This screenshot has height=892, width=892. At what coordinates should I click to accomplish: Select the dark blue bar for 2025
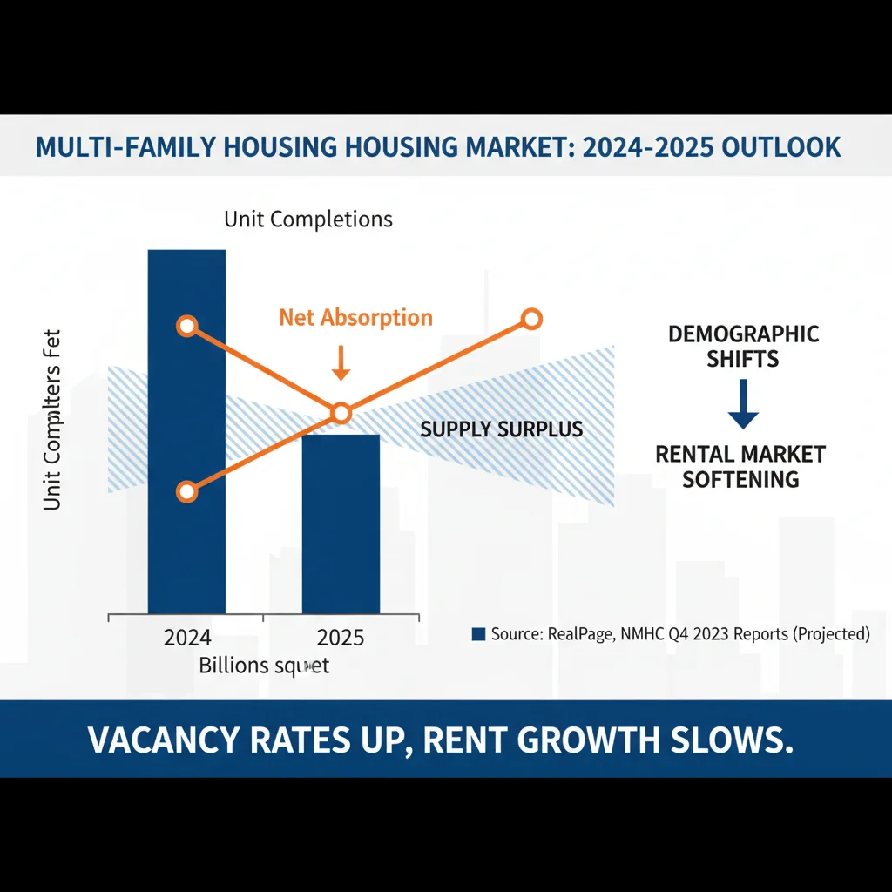341,523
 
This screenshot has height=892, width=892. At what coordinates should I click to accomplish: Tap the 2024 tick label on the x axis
187,638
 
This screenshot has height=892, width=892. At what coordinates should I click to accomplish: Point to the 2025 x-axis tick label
341,638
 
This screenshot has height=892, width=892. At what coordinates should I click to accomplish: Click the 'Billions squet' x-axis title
264,666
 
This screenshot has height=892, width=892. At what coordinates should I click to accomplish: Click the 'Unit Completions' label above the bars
308,219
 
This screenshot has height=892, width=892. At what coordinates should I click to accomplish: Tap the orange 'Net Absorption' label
355,317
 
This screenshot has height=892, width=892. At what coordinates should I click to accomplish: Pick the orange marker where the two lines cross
341,412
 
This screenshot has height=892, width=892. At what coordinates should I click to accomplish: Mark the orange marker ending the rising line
531,319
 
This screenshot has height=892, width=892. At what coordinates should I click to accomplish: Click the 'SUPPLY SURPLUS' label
502,429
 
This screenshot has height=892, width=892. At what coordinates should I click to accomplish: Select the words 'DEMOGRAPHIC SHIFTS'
743,347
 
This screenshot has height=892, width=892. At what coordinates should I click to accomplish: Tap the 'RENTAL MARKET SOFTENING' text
740,466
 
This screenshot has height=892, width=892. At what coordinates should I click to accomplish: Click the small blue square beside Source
477,634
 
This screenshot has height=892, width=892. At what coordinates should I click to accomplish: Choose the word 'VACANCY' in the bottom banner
163,740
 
